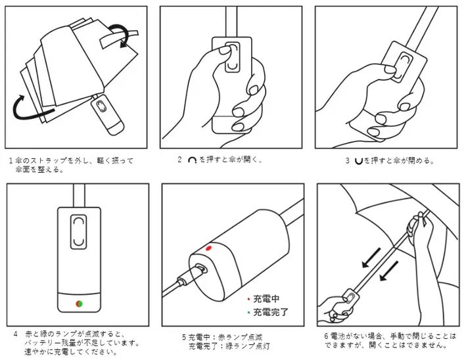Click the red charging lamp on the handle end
point(208,248)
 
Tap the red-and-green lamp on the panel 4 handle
point(79,304)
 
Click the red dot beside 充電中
point(248,298)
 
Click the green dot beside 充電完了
point(248,313)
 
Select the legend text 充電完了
point(271,312)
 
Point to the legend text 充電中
point(266,298)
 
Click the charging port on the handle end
point(201,268)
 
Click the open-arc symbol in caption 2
point(192,160)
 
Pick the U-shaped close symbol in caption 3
point(358,161)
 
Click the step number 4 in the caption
point(16,334)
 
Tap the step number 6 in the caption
point(327,336)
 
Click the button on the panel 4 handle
point(78,231)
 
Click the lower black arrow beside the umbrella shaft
point(389,271)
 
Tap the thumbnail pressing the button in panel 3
point(390,70)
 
